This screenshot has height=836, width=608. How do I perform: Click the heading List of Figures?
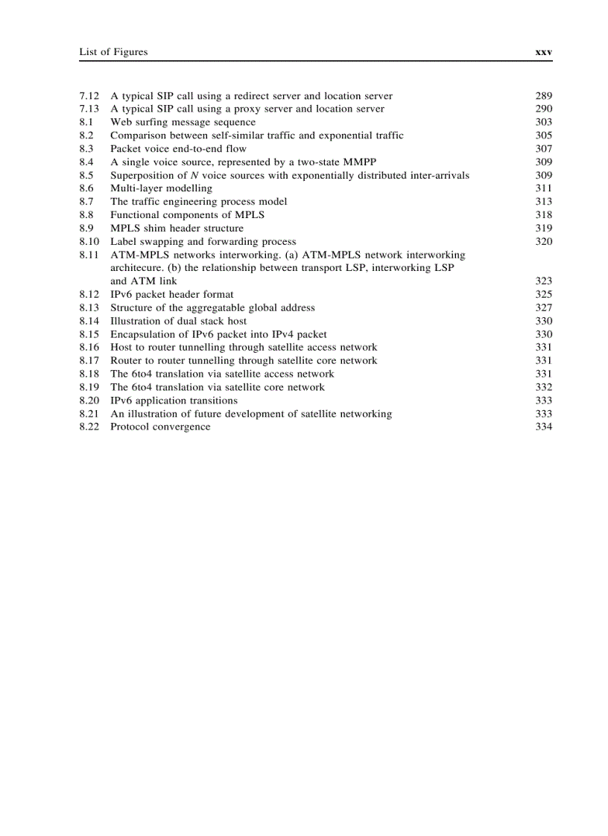(113, 52)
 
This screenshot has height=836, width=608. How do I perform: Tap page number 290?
(543, 109)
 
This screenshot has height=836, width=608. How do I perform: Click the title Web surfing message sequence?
(183, 122)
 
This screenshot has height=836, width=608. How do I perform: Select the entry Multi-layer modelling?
(161, 188)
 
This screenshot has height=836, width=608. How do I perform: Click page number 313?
(543, 202)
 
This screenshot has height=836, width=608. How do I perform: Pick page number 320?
(543, 241)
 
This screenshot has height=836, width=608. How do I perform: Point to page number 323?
(543, 281)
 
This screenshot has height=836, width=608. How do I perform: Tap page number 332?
(543, 387)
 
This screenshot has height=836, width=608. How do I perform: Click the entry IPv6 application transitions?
(174, 401)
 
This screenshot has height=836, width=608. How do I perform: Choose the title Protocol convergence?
(160, 427)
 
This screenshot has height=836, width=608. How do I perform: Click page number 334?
(543, 427)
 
